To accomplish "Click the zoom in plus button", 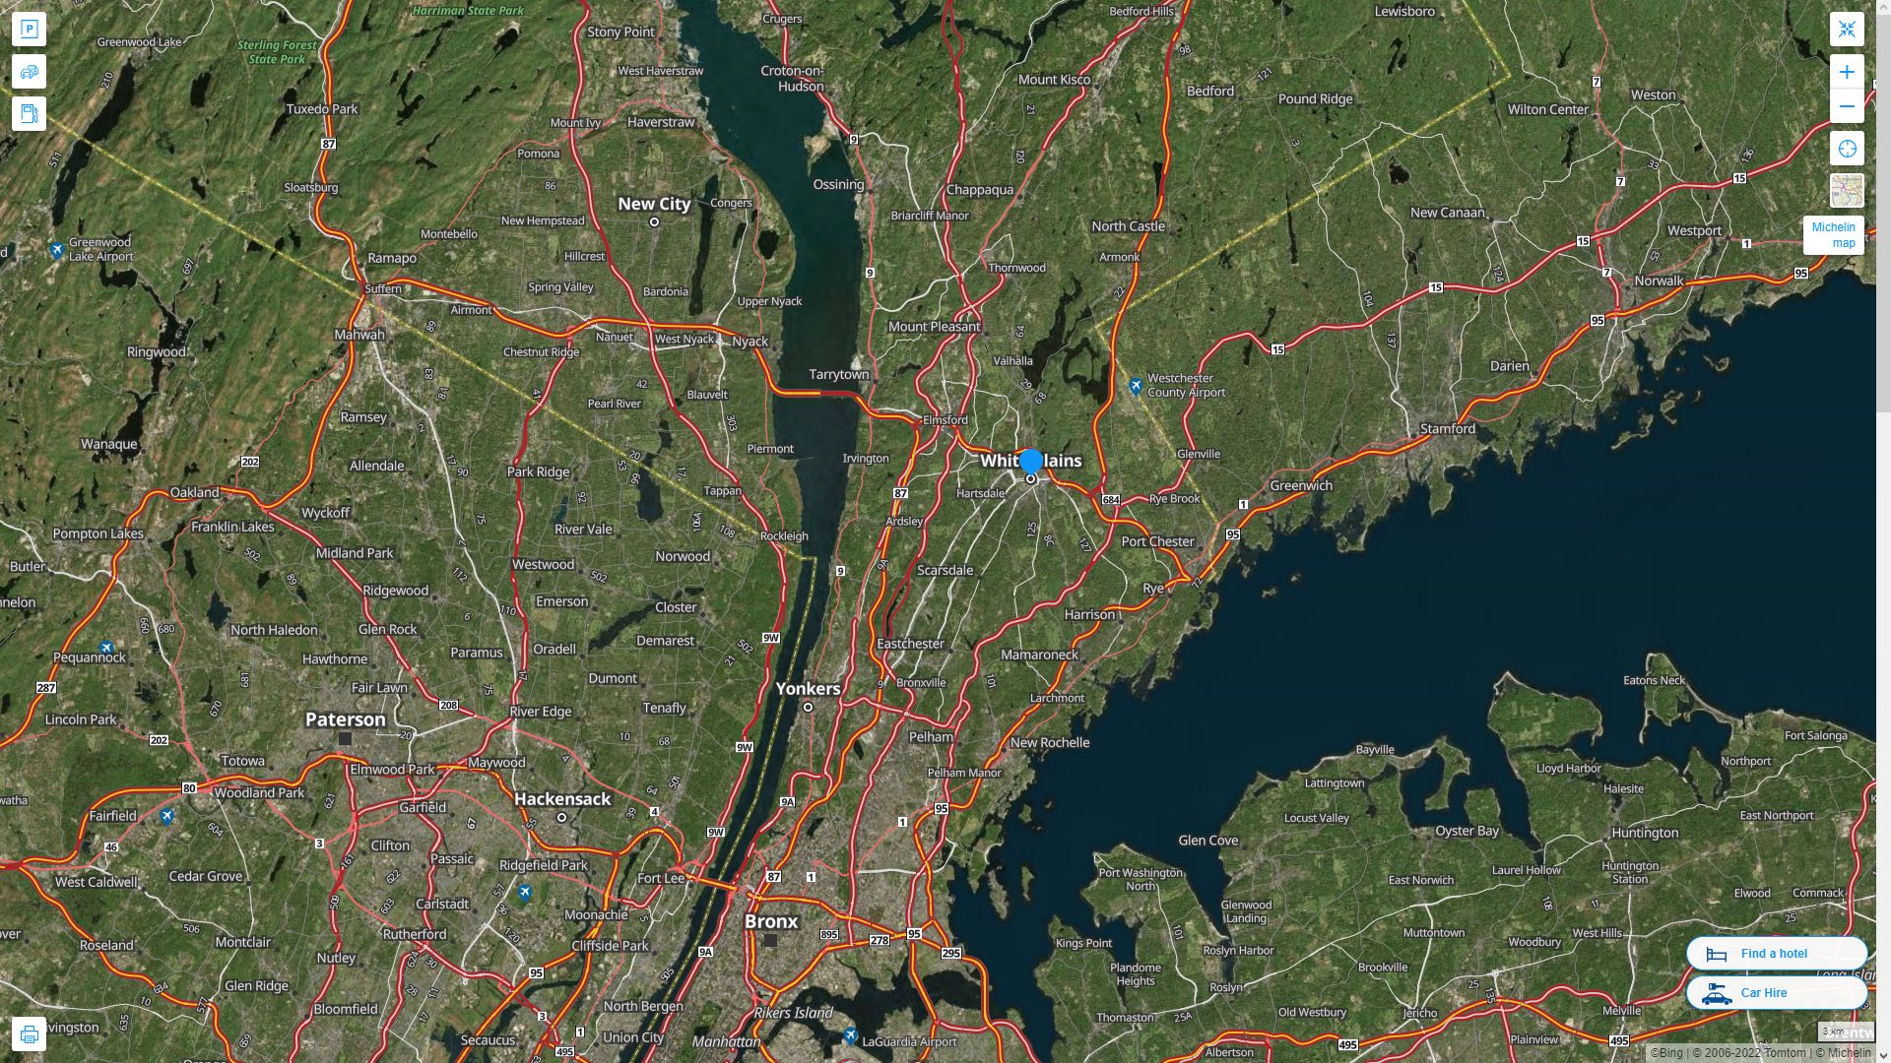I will coord(1847,72).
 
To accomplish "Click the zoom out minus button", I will coord(1847,106).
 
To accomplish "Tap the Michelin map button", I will coord(1833,235).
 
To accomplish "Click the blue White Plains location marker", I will coord(1031,462).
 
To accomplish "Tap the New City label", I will coord(654,204).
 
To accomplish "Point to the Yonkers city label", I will coord(808,688).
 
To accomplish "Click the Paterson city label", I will coord(345,719).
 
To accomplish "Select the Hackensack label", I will coord(562,799).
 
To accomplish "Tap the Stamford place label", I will coord(1447,429).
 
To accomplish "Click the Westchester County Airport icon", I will coord(1136,386).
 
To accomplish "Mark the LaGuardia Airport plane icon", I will coord(851,1035).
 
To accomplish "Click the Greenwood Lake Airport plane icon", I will coord(57,250).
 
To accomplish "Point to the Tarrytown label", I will coord(839,374).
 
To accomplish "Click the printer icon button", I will coord(29,1034).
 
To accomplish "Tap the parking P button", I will coord(29,30).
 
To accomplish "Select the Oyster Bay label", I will coord(1467,831).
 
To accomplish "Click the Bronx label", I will coord(771,921).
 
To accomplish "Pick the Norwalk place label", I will coord(1659,281).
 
